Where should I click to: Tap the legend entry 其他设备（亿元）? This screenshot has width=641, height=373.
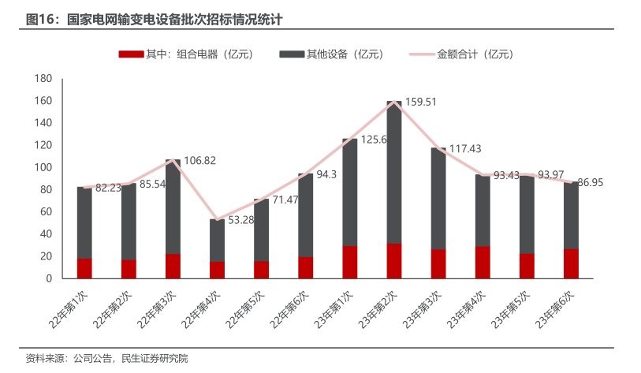click(x=330, y=54)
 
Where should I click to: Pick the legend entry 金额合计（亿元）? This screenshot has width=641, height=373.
click(x=460, y=54)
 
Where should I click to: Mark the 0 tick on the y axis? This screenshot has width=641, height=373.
click(x=48, y=278)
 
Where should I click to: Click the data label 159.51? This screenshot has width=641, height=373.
click(x=420, y=102)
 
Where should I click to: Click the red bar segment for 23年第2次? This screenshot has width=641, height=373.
click(x=394, y=261)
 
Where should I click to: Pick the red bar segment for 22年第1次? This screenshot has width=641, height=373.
click(x=84, y=268)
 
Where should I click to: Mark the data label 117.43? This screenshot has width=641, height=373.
click(x=465, y=148)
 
